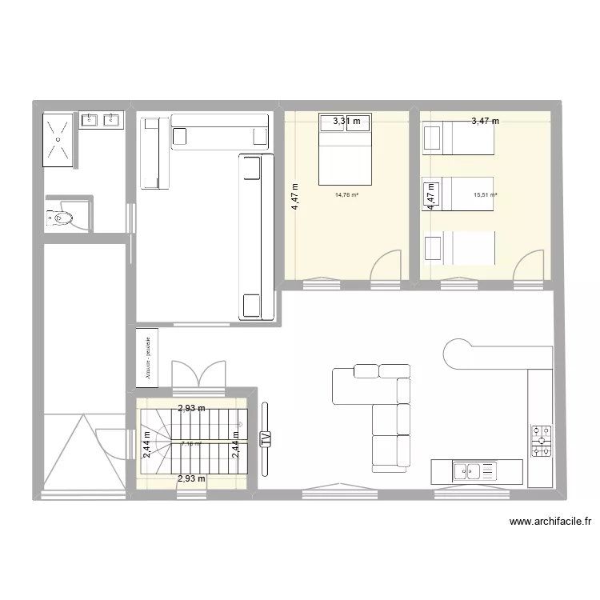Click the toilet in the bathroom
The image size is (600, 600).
click(x=61, y=216)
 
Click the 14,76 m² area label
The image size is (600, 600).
click(x=346, y=194)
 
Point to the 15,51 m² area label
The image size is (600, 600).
click(x=485, y=194)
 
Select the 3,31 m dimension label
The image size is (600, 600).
click(x=346, y=122)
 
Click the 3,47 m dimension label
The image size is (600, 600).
click(x=485, y=122)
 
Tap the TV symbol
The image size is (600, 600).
click(x=266, y=438)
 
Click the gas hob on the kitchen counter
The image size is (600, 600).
click(x=541, y=442)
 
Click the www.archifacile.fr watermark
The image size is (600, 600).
click(x=550, y=522)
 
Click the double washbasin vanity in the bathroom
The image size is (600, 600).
click(x=101, y=121)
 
